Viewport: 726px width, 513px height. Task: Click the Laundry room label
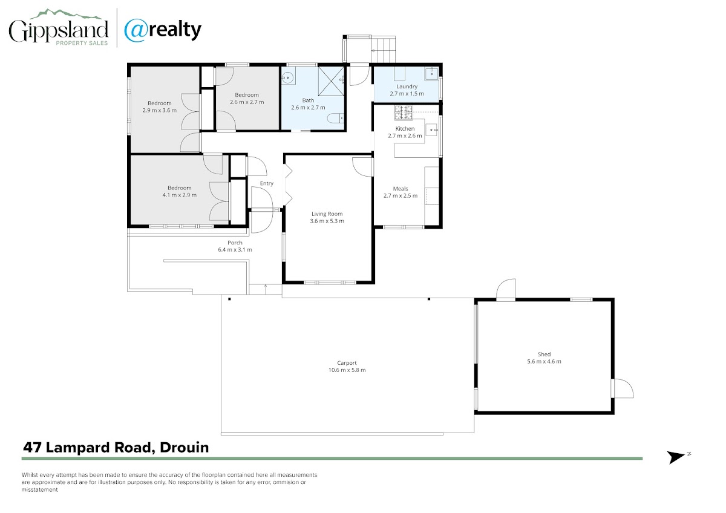point(407,87)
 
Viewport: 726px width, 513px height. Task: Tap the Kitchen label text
point(405,129)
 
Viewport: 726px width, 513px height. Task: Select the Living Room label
point(327,214)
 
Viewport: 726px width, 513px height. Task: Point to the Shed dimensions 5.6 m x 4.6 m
point(544,361)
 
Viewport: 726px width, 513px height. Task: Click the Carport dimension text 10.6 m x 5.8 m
point(347,370)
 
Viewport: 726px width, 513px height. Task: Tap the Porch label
point(235,243)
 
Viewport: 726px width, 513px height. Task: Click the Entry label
point(267,183)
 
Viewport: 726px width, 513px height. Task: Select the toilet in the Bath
point(335,119)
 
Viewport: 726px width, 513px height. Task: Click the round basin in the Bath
point(287,77)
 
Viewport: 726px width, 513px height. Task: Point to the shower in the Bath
point(332,81)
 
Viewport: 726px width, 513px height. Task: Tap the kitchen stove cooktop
point(404,113)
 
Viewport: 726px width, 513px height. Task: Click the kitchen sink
point(431,130)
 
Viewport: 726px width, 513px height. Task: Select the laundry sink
point(431,74)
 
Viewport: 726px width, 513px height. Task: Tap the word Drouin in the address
point(184,448)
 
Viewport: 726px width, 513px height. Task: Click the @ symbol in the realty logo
point(136,30)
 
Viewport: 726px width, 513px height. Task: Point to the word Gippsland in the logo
point(58,31)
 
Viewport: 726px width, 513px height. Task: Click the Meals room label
point(401,189)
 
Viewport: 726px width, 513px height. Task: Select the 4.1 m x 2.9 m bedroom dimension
point(180,195)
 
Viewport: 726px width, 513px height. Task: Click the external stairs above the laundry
point(383,49)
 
